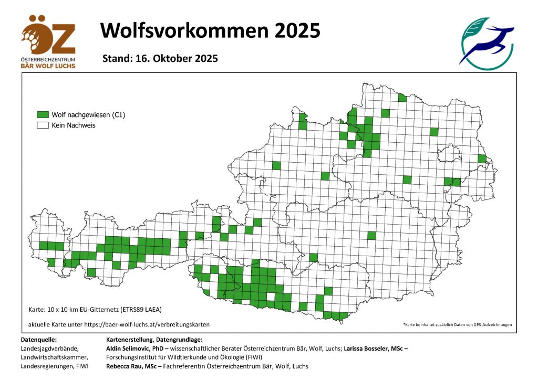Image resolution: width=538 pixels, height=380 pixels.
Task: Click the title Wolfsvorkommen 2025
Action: (x=210, y=30)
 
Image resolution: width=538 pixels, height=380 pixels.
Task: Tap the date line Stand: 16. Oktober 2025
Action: (x=160, y=58)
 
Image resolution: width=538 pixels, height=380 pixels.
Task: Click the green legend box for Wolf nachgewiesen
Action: (x=43, y=114)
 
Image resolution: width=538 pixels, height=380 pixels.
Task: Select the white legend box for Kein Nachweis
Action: (x=43, y=125)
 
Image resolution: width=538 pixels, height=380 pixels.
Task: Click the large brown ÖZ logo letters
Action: (x=48, y=36)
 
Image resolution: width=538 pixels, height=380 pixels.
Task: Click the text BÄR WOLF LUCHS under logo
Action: (x=48, y=66)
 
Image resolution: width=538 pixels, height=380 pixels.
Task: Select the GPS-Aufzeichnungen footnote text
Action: (x=457, y=325)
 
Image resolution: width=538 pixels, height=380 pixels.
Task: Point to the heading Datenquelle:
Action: (x=38, y=340)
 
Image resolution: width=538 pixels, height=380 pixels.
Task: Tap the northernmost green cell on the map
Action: (x=402, y=98)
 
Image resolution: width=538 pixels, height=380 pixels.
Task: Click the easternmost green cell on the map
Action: (x=482, y=159)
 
